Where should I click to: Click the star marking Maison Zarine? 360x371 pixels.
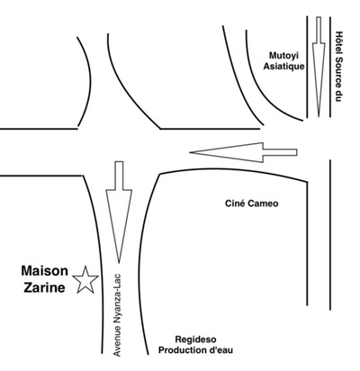click(x=85, y=280)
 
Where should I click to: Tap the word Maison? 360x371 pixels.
click(x=45, y=271)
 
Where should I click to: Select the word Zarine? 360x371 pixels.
click(x=44, y=287)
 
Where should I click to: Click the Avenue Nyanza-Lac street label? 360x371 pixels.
click(x=117, y=314)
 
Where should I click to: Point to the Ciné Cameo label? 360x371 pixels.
click(x=252, y=204)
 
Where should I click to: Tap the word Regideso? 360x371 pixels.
click(x=195, y=339)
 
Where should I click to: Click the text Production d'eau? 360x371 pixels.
click(x=195, y=350)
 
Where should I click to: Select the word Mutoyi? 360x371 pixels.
click(x=283, y=56)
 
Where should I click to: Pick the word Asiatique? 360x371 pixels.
click(x=283, y=66)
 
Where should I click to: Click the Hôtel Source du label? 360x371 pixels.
click(x=338, y=67)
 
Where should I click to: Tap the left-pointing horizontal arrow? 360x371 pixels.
click(x=243, y=152)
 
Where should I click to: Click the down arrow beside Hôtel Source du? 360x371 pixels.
click(x=319, y=67)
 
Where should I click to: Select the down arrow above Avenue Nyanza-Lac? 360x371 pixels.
click(x=119, y=212)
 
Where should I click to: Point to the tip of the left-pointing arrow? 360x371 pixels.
click(x=190, y=152)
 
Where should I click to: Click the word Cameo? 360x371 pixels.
click(x=262, y=204)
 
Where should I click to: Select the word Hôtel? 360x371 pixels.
click(x=338, y=42)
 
